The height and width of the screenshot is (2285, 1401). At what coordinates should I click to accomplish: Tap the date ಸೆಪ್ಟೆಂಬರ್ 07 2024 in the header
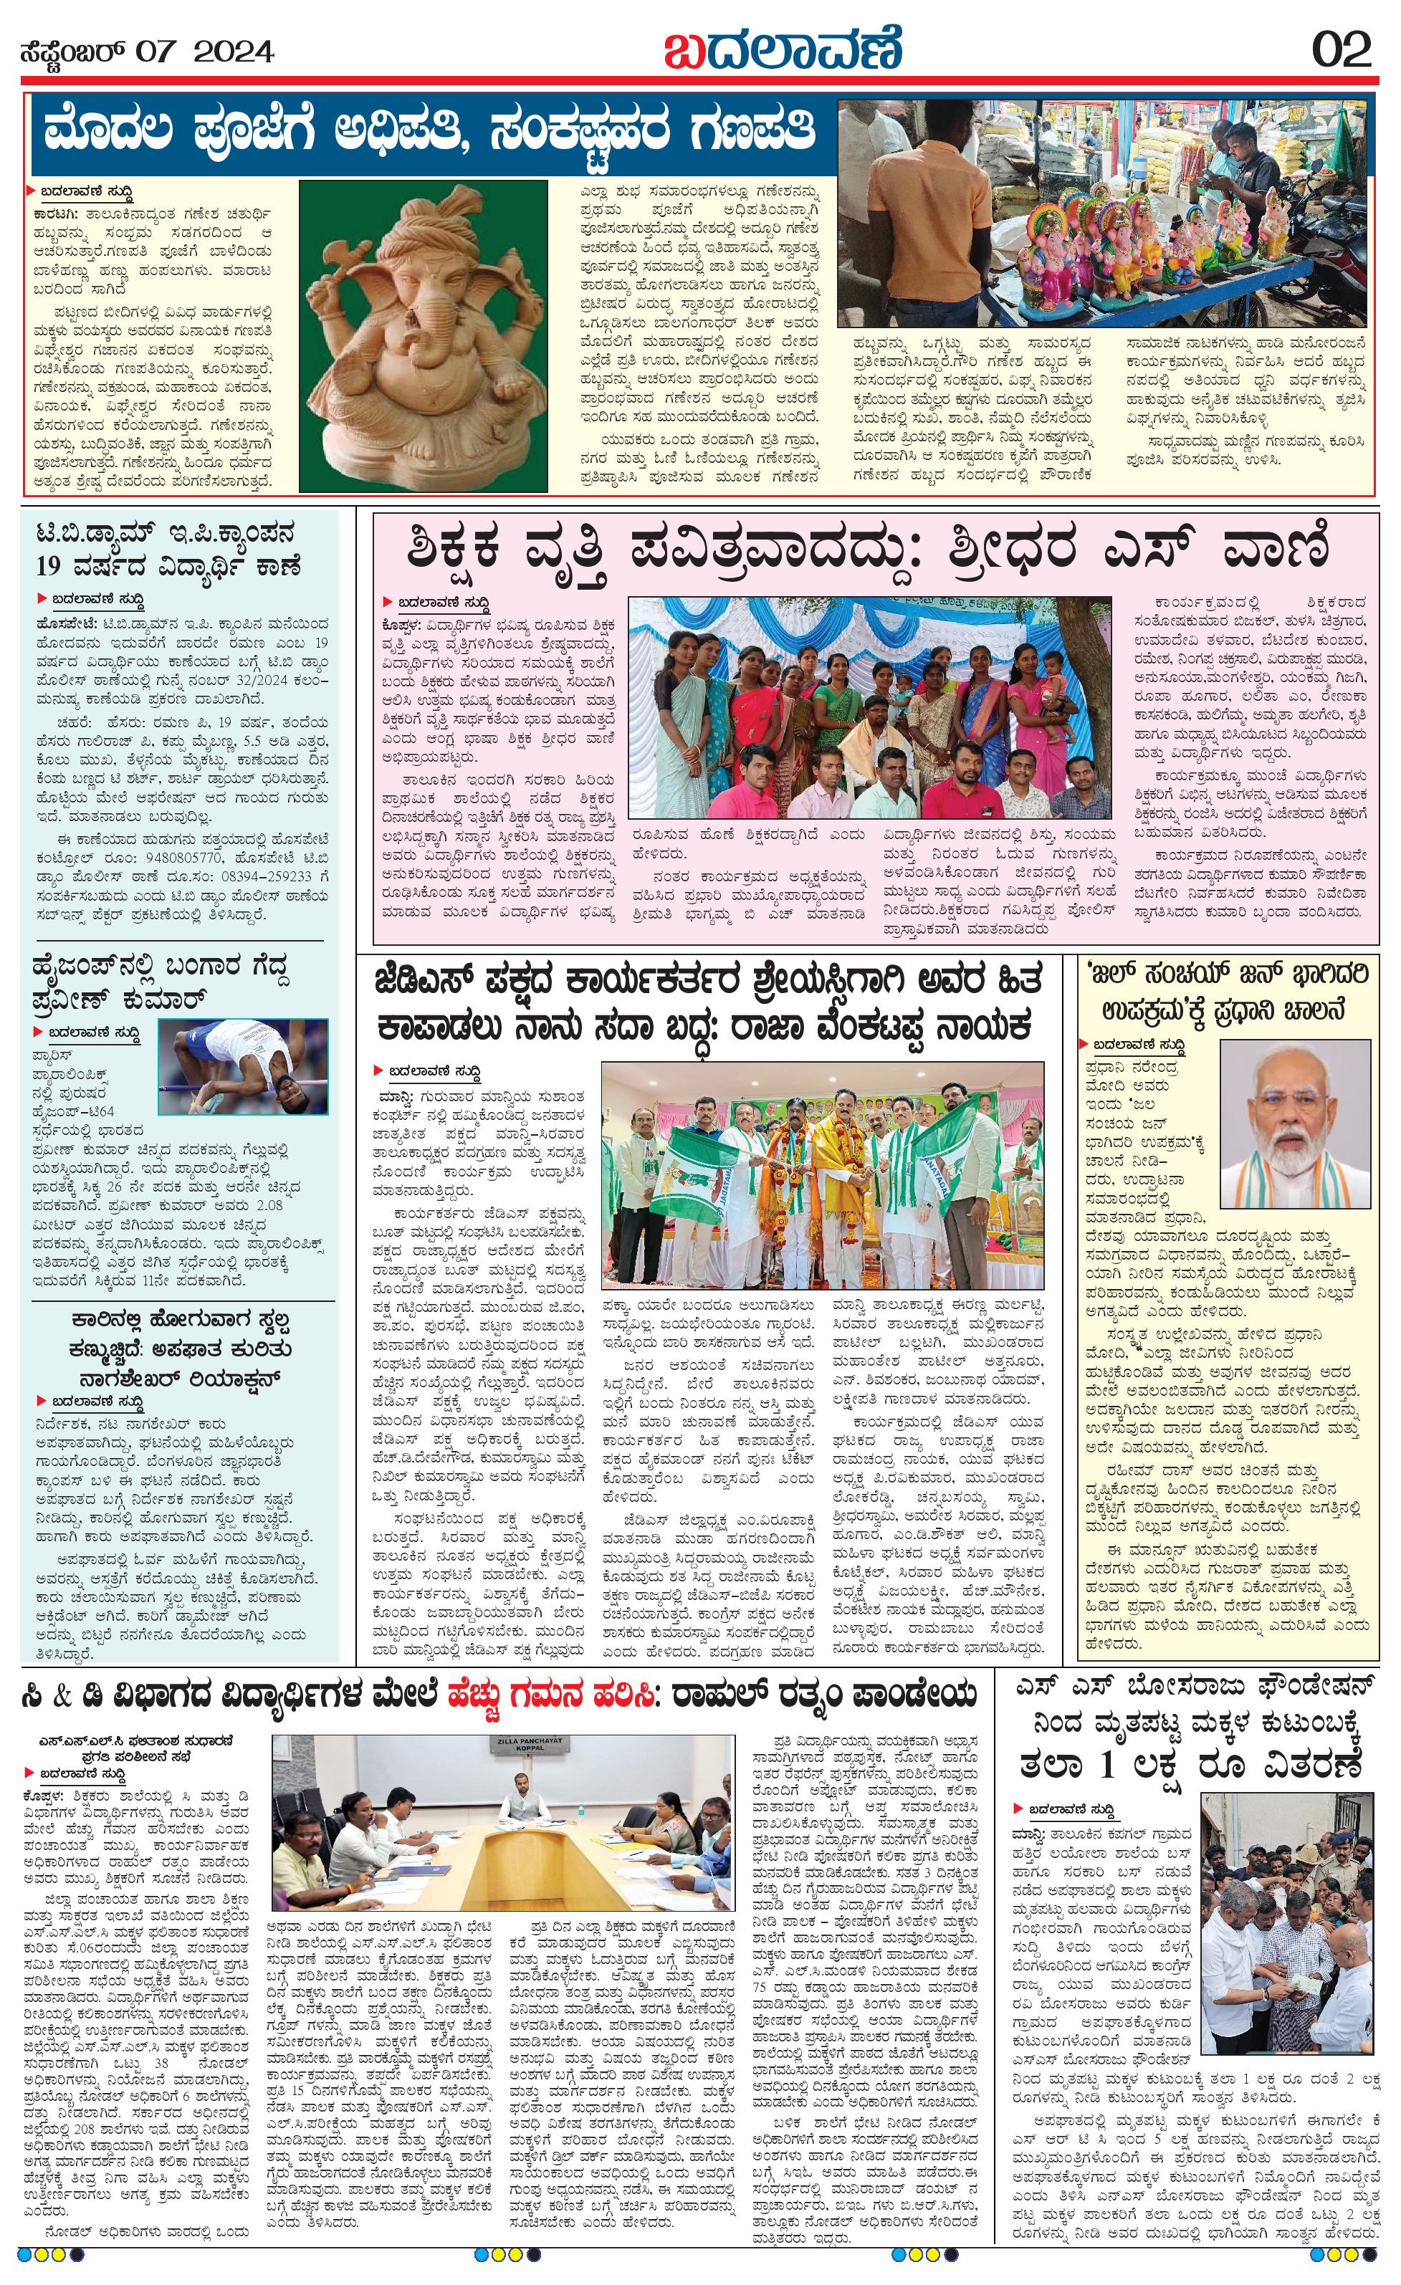(146, 52)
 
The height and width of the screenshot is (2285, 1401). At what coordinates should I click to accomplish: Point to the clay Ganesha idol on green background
(422, 334)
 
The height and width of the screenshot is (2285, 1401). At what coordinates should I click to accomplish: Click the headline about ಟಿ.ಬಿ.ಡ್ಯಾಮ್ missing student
(178, 548)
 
